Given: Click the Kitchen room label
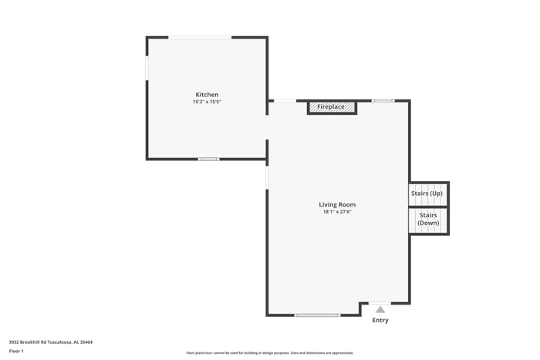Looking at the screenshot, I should tap(206, 95).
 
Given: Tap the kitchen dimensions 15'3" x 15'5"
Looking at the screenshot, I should tap(207, 102).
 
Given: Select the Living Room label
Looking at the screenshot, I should tap(337, 204).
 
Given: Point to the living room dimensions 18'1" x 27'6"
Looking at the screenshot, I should tap(337, 212).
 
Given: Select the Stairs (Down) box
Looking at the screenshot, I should tap(428, 220).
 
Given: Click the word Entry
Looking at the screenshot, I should tap(380, 320).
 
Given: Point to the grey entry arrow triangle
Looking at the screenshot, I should tap(380, 310).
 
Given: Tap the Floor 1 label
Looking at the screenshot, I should tap(16, 351).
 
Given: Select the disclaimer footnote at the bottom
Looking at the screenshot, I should tap(269, 353).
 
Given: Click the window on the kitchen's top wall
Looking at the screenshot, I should tap(200, 37).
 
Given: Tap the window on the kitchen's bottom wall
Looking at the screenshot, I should tap(208, 159).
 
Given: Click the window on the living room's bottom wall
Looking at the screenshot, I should tap(317, 315).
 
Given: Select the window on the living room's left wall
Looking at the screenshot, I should tap(267, 177).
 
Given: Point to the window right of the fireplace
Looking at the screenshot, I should tap(383, 100).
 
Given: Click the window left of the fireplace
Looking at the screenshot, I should tap(284, 100).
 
